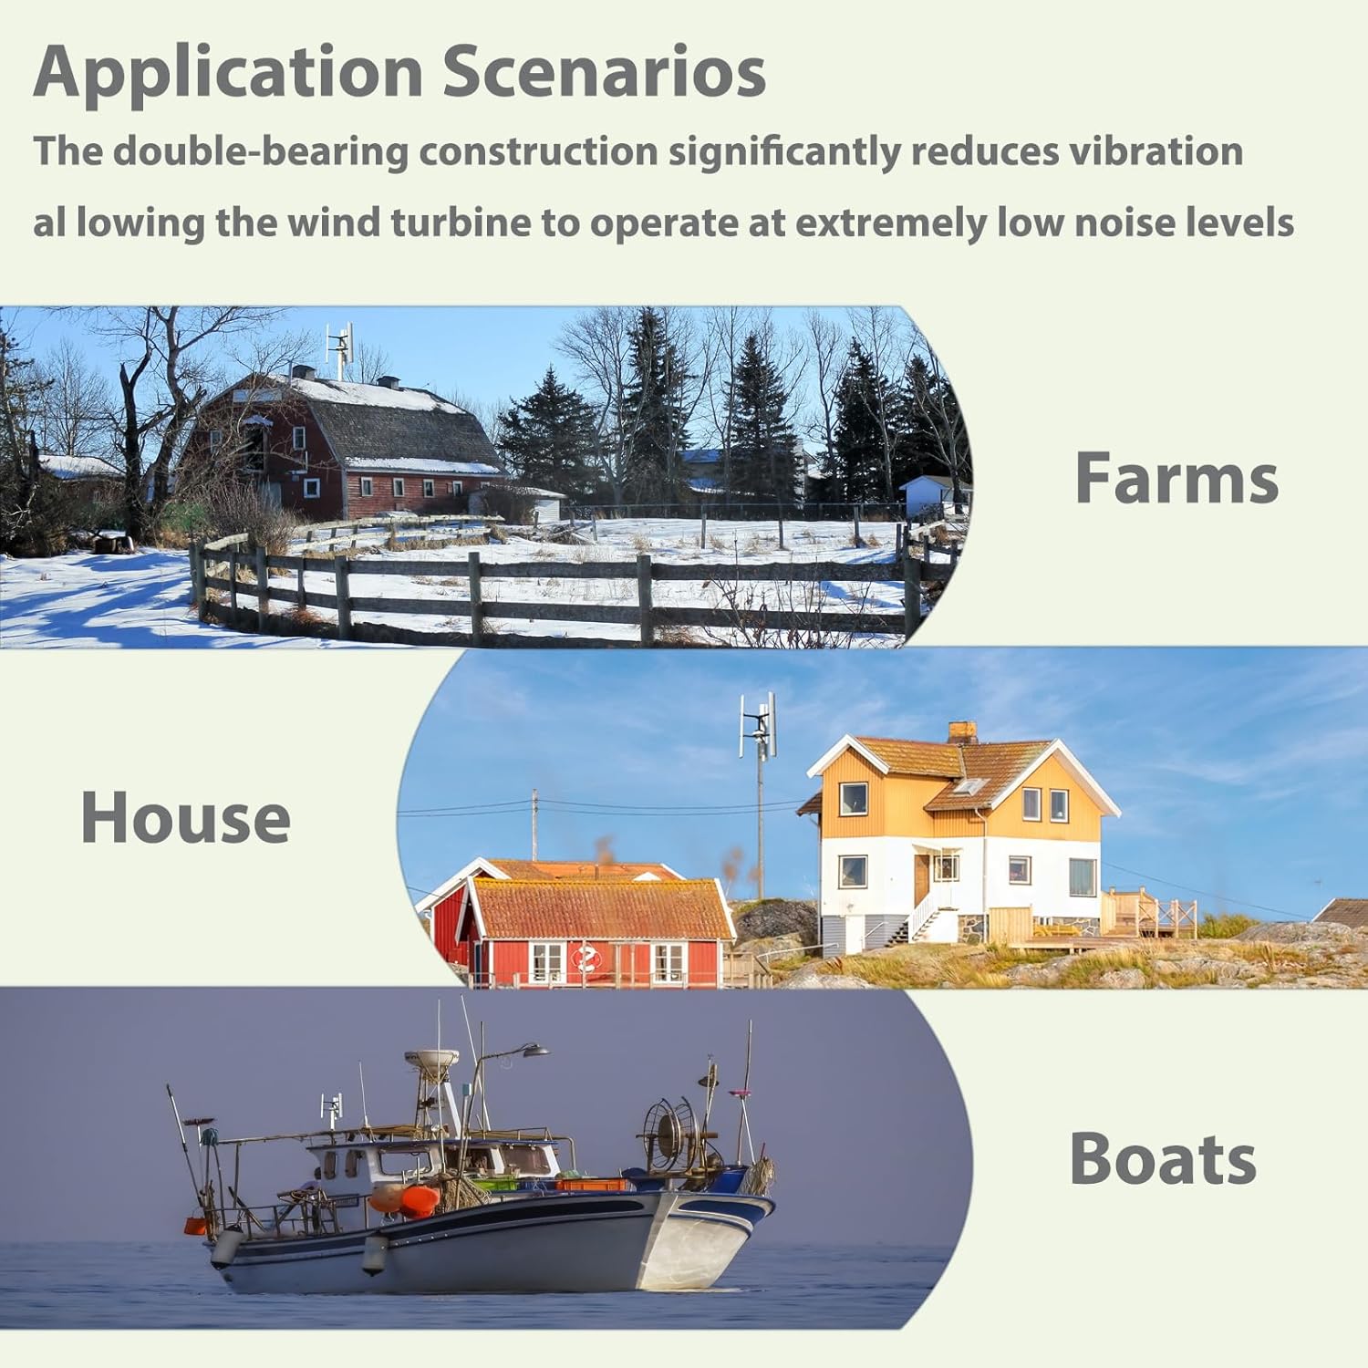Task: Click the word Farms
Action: pyautogui.click(x=1176, y=478)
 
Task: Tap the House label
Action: pyautogui.click(x=185, y=817)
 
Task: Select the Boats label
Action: pyautogui.click(x=1163, y=1158)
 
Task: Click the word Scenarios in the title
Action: pyautogui.click(x=604, y=71)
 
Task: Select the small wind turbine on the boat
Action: pyautogui.click(x=331, y=1108)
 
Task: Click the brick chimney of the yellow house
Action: pyautogui.click(x=962, y=731)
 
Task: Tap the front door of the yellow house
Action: pyautogui.click(x=921, y=879)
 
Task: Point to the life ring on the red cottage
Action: pyautogui.click(x=586, y=959)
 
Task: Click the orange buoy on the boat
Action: pyautogui.click(x=419, y=1199)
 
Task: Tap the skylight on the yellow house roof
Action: pyautogui.click(x=969, y=787)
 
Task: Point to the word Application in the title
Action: pyautogui.click(x=228, y=71)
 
